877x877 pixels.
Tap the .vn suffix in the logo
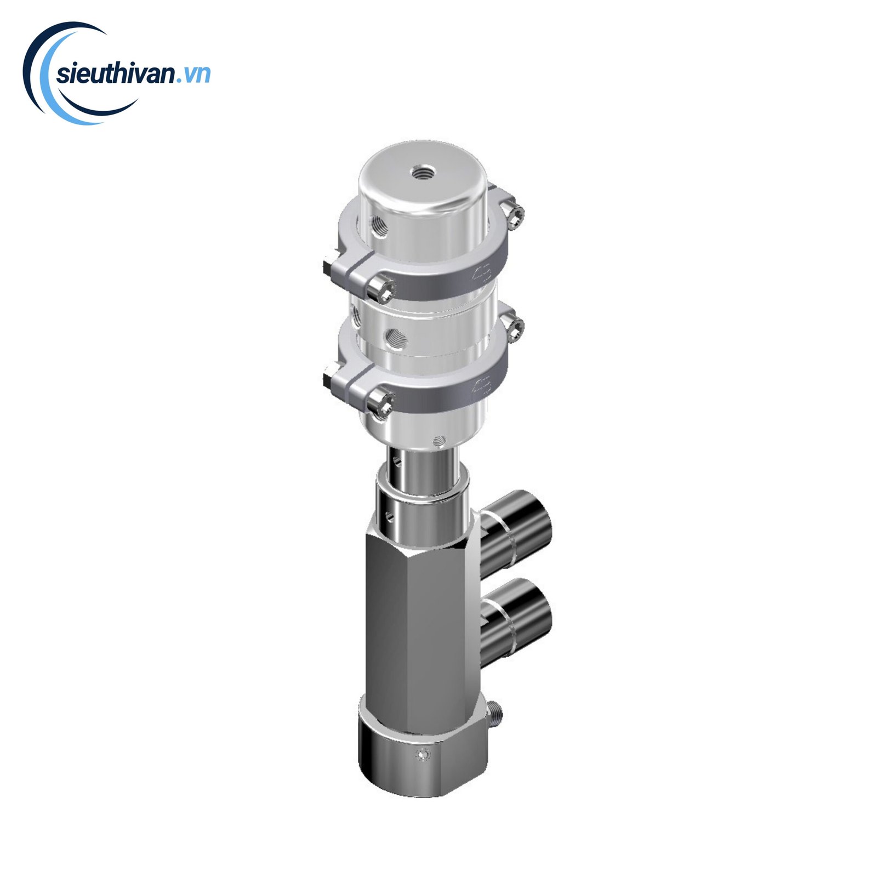click(193, 75)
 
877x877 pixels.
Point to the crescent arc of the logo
click(49, 82)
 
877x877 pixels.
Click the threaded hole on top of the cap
click(422, 173)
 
